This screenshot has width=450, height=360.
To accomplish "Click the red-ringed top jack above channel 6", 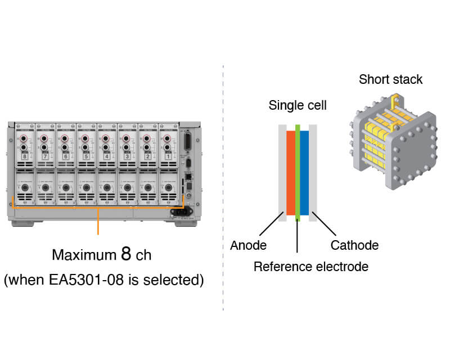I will [66, 138].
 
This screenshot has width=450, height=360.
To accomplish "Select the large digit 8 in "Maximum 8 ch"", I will [127, 254].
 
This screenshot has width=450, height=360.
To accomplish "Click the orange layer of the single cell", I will [290, 173].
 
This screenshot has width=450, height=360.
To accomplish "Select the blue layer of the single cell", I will [304, 173].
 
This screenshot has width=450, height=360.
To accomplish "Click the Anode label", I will [248, 245].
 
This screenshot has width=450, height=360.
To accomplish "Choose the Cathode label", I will [354, 245].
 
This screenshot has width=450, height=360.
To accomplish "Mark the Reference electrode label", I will [310, 266].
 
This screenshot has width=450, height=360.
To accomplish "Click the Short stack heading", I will [390, 79].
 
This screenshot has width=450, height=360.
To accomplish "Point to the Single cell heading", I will [298, 105].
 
